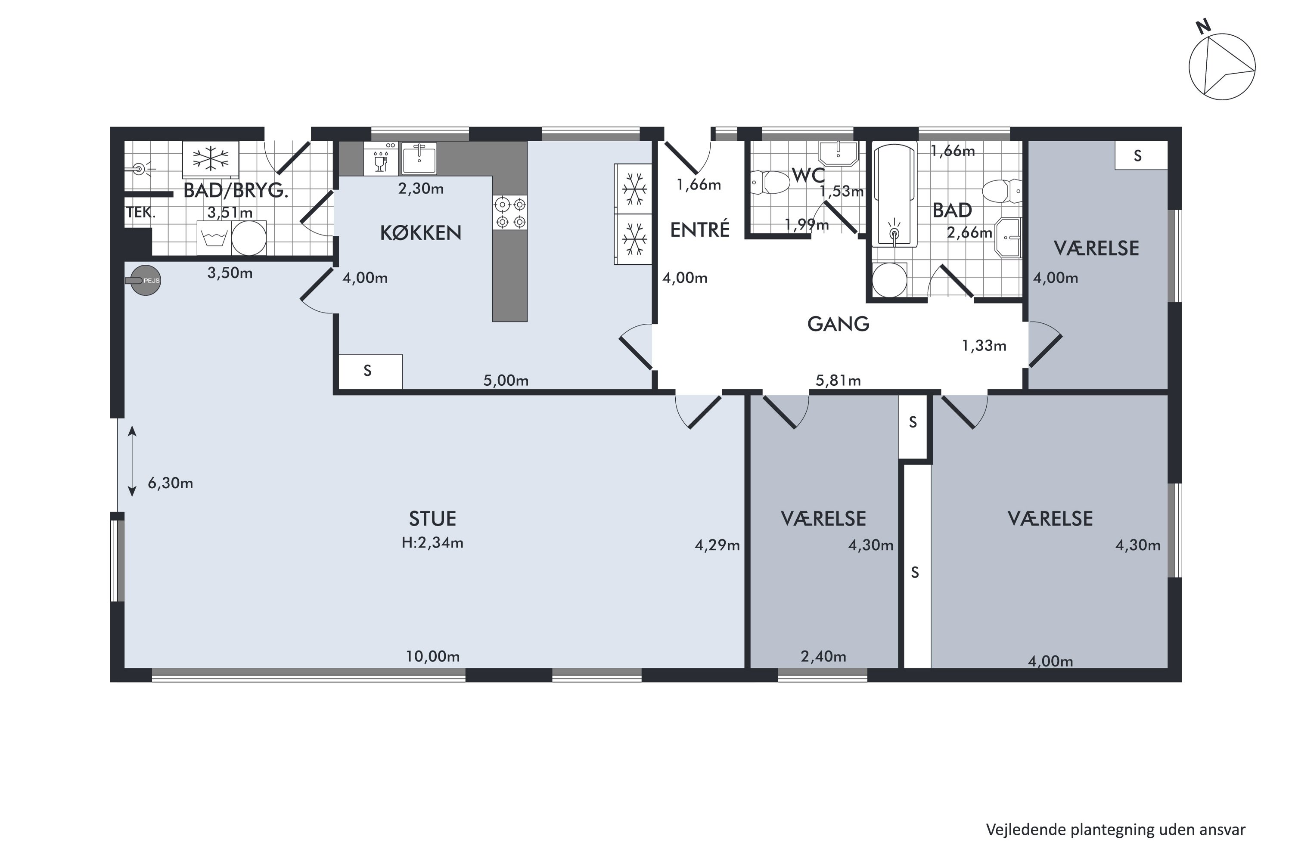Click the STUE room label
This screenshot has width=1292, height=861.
click(432, 519)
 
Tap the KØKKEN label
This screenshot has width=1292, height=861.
click(421, 233)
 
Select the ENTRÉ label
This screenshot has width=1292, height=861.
click(700, 229)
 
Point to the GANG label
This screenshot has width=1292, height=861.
click(838, 324)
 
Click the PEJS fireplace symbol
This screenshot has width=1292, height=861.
click(146, 281)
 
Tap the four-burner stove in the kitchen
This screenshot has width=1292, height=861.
click(510, 213)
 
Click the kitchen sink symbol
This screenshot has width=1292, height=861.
click(419, 159)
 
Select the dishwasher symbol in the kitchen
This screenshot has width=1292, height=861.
click(380, 159)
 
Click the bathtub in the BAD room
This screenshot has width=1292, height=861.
click(895, 195)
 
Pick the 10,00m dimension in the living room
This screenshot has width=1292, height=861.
click(433, 656)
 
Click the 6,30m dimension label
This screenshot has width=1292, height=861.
click(170, 483)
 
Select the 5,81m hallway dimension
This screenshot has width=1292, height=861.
click(838, 380)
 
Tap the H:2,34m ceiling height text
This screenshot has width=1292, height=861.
click(432, 543)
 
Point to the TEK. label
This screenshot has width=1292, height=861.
click(141, 213)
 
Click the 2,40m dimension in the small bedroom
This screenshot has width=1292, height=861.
click(823, 656)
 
